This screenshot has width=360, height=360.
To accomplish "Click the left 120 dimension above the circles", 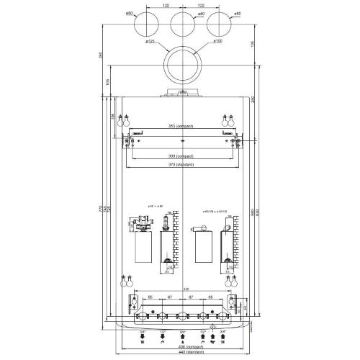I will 165,6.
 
